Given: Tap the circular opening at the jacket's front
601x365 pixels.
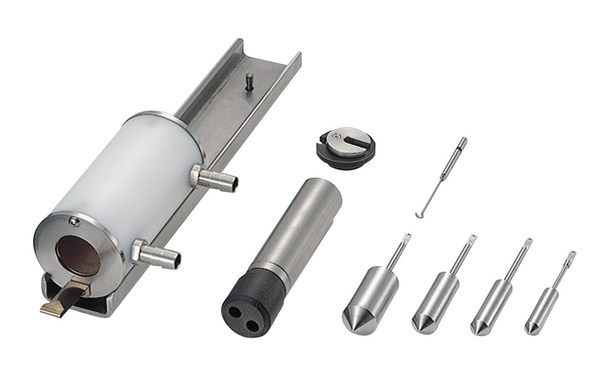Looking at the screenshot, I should (79, 255).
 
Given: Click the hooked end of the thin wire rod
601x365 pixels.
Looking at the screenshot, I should (420, 214).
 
